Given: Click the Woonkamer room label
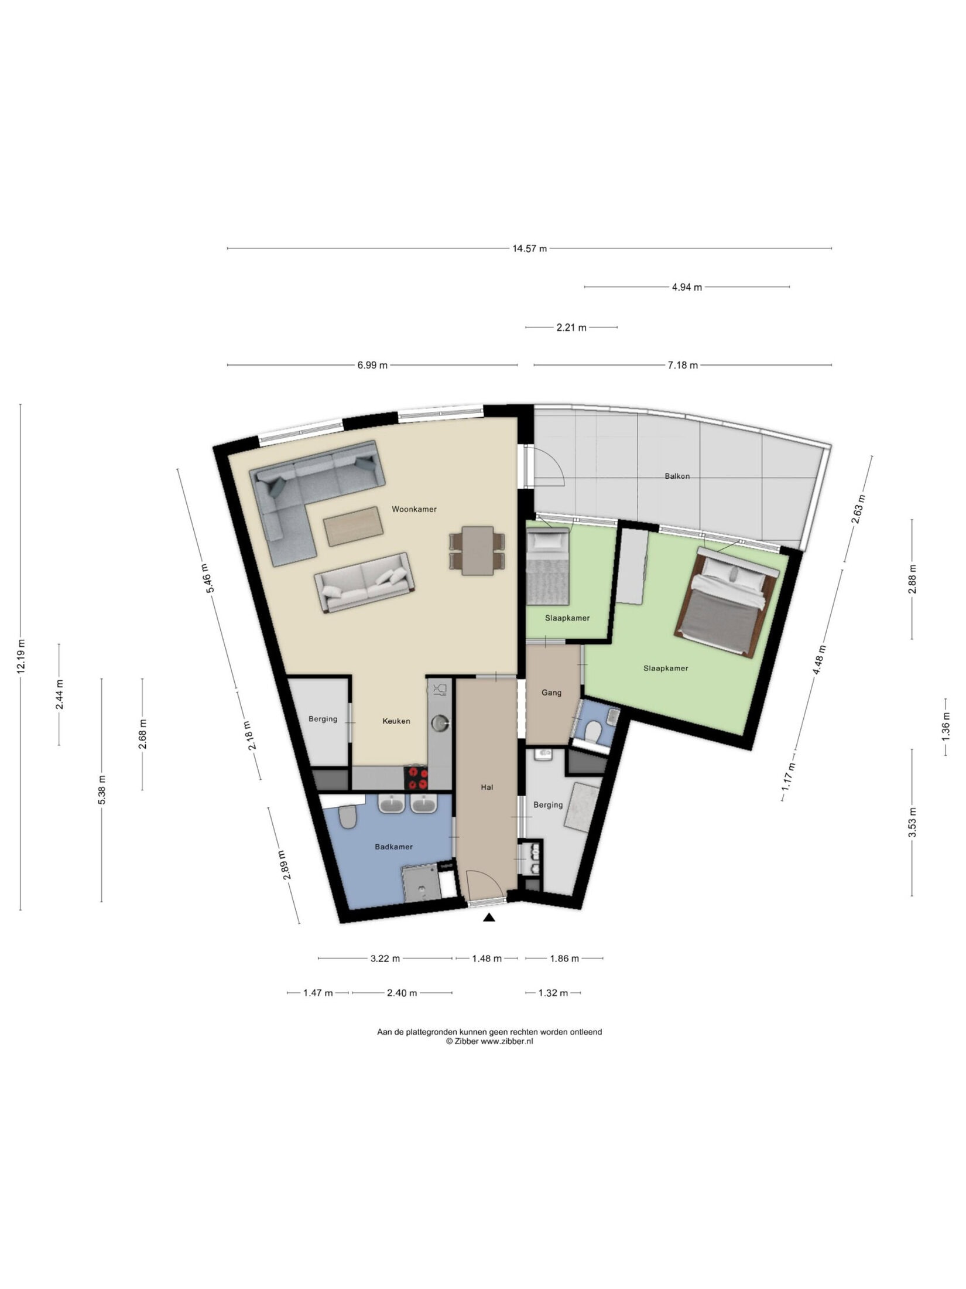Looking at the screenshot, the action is pos(414,509).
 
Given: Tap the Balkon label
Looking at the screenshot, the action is pos(677,476).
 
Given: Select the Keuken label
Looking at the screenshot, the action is pos(396,721).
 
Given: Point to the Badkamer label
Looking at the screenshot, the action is pos(394,847).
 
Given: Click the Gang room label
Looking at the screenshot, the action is pos(551,693).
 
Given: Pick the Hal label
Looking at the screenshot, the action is pos(487,787).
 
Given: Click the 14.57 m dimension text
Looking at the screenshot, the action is pos(529,248).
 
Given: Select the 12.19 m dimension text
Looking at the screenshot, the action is pos(22,657).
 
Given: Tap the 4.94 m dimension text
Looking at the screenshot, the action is pos(687,287).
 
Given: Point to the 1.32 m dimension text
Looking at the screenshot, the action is pos(553,993).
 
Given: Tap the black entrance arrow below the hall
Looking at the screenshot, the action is pos(489,918).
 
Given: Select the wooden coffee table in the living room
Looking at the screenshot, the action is pos(354,526).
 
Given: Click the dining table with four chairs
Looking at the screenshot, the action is pos(477,551).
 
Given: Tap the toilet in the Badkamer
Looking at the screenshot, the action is pos(348,817).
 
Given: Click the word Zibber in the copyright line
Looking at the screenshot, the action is pos(467,1041).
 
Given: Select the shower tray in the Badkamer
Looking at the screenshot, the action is pos(421,885).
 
